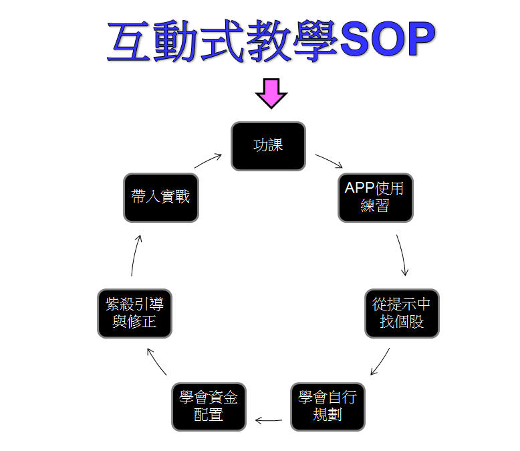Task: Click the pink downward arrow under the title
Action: (271, 93)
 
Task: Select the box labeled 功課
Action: (268, 145)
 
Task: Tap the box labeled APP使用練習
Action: (375, 197)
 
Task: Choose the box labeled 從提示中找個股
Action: (402, 312)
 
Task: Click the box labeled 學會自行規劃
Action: (328, 405)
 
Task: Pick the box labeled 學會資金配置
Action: (209, 405)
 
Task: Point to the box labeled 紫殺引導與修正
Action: (134, 312)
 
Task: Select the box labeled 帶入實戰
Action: (161, 197)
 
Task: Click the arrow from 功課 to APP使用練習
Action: (329, 161)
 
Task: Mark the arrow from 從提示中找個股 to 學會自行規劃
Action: (380, 361)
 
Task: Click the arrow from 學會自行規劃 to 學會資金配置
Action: (269, 421)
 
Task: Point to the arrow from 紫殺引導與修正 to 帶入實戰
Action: (136, 255)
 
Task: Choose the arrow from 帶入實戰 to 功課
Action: (209, 161)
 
